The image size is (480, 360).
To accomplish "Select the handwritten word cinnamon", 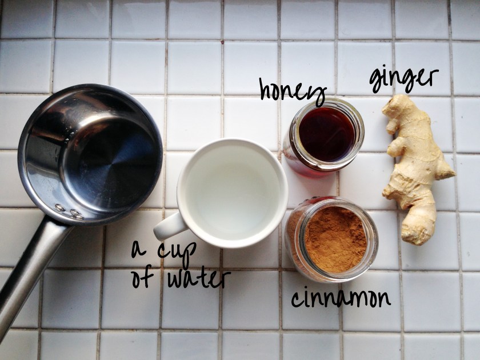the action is pos(341,297).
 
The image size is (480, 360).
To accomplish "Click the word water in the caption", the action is pos(199,279).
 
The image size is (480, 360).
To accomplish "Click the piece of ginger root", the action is pos(415,168).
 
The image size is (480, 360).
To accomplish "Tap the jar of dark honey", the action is pos(324,135).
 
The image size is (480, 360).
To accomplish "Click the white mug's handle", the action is pos(170,226).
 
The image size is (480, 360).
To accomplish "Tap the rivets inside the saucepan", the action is pos(69,212).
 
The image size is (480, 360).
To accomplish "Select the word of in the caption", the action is pos(142,278).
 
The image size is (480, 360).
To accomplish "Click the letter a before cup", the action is pos(139,250).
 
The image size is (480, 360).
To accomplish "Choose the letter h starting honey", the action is pos(265,89).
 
